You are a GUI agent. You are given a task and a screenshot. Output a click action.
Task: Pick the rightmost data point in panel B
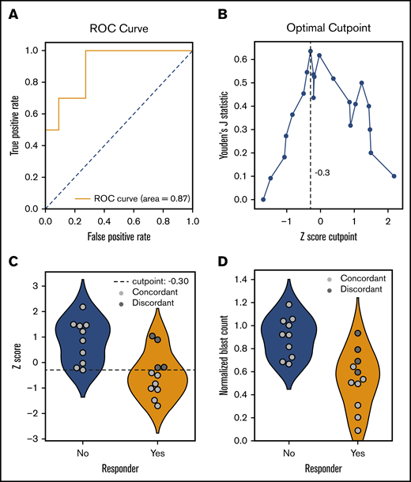tap(394, 176)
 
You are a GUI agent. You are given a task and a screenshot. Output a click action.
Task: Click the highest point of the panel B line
tap(311, 51)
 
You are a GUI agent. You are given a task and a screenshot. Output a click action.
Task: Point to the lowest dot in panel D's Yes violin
tap(358, 431)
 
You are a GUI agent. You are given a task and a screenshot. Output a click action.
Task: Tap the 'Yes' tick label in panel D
tap(357, 454)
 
